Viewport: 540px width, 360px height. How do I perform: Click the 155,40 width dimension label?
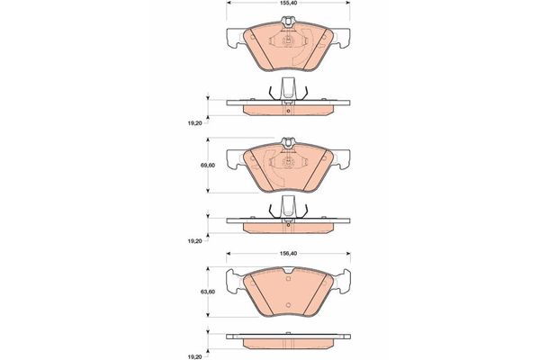[x=289, y=3]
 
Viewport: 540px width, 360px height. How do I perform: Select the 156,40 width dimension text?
[x=289, y=253]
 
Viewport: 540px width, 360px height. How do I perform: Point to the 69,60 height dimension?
[x=208, y=166]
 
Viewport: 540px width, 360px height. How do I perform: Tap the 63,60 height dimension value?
[x=208, y=292]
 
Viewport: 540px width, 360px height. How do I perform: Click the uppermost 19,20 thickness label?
[x=194, y=123]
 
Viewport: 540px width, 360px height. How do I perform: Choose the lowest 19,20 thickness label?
[x=194, y=357]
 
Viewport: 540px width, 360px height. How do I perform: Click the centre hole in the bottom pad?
[x=289, y=305]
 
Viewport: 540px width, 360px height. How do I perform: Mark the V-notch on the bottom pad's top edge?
[x=289, y=270]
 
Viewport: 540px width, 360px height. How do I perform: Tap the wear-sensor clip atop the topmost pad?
[x=288, y=22]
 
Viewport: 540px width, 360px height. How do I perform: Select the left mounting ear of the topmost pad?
[x=235, y=37]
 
